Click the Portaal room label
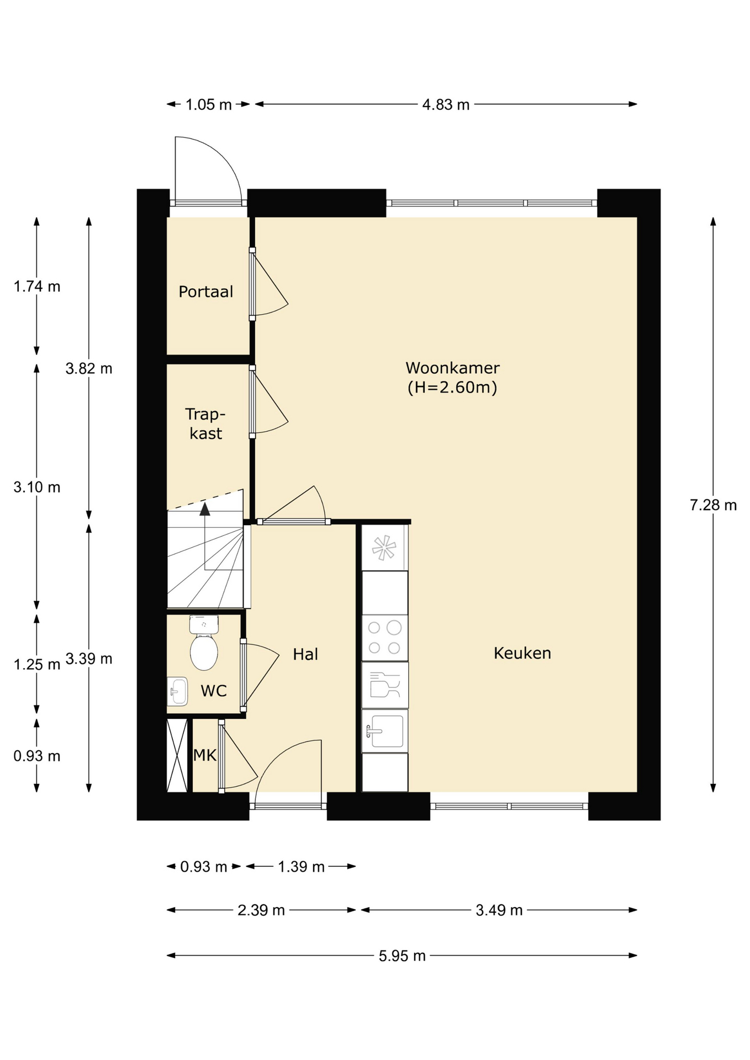[205, 291]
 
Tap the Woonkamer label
[452, 368]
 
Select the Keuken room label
[522, 653]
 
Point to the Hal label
[305, 654]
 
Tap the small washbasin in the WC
[177, 691]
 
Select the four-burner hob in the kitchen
[385, 638]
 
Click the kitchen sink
[385, 731]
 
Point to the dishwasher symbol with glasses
[385, 685]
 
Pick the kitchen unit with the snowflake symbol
[385, 548]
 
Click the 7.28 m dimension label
[713, 505]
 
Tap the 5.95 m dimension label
[402, 956]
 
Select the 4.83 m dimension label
[446, 104]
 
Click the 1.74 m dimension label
[37, 287]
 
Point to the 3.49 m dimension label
[499, 910]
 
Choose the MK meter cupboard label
[205, 755]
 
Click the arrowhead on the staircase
[205, 508]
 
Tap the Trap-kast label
[205, 423]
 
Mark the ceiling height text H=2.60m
[452, 387]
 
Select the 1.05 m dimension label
[208, 104]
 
